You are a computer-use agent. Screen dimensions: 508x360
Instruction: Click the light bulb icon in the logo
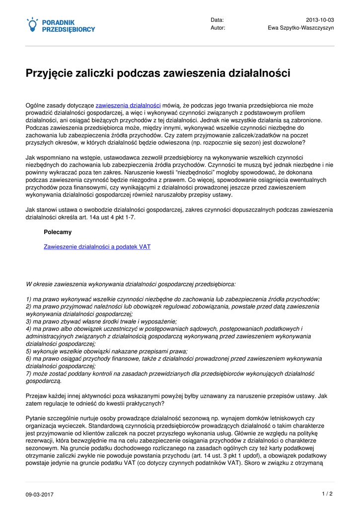click(32, 24)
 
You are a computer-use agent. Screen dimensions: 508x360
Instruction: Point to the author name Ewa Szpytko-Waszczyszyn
click(301, 28)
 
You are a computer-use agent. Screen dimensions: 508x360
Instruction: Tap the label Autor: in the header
click(218, 28)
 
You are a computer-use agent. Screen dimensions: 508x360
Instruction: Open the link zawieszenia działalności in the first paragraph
click(128, 106)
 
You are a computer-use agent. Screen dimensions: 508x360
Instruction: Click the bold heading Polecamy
click(58, 232)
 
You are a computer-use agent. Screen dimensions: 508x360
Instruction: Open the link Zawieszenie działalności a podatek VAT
click(97, 247)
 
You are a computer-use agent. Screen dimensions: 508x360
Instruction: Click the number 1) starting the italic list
click(28, 299)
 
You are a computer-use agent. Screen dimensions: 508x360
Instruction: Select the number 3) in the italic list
click(28, 321)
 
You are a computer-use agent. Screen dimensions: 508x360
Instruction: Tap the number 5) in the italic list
click(28, 351)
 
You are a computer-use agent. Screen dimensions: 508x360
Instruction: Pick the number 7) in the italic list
click(28, 374)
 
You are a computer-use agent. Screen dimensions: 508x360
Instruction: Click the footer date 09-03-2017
click(40, 495)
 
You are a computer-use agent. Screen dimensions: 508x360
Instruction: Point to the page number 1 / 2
click(327, 494)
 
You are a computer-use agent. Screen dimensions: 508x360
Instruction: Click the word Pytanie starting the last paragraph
click(36, 418)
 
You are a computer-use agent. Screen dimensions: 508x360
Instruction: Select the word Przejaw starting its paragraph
click(36, 396)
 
